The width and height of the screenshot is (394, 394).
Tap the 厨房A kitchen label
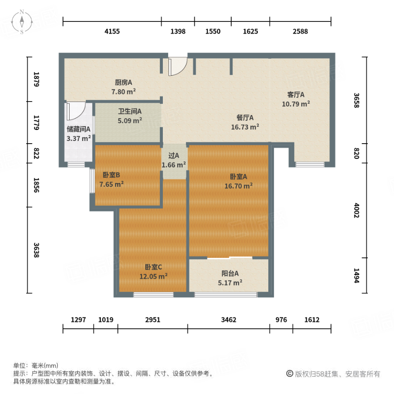[123, 82]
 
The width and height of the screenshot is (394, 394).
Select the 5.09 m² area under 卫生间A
[130, 121]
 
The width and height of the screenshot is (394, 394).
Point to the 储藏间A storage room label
[79, 129]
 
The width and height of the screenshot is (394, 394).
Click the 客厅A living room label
[296, 95]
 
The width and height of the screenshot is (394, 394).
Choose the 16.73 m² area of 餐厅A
[245, 127]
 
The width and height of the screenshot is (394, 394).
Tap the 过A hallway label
[174, 155]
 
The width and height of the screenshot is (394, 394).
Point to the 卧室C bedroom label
[154, 267]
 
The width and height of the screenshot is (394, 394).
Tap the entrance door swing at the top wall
[178, 66]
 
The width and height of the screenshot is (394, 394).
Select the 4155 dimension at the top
[112, 32]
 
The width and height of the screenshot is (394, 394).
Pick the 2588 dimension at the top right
[300, 32]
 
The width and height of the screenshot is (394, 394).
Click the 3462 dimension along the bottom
[229, 320]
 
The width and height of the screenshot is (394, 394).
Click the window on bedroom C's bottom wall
[153, 295]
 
